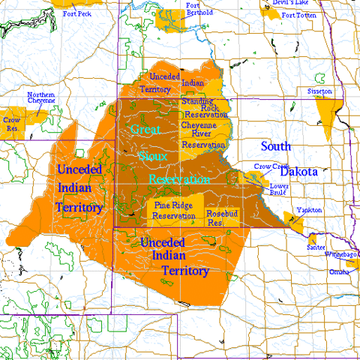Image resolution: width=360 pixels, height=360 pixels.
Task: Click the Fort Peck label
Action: tap(79, 13)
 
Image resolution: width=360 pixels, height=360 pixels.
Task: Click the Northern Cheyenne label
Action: tap(41, 99)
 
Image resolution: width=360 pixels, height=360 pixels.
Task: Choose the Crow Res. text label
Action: tap(11, 123)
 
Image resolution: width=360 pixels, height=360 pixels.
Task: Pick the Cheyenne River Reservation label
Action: tap(203, 134)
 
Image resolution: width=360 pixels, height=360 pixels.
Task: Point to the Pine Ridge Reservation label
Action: tap(173, 210)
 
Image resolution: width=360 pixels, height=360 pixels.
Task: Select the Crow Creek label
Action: tap(268, 166)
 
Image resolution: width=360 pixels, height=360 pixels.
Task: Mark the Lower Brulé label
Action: tap(279, 188)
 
